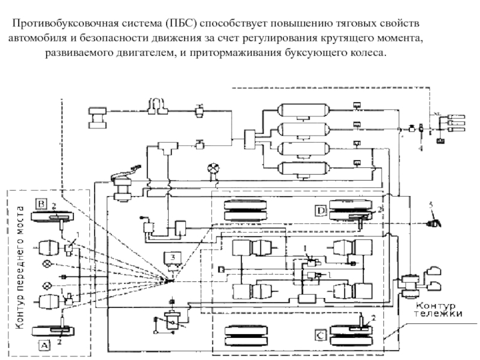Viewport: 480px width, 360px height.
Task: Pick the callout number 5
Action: point(430,205)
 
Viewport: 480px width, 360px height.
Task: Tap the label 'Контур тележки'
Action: point(440,308)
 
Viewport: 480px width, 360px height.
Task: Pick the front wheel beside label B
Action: point(52,214)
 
